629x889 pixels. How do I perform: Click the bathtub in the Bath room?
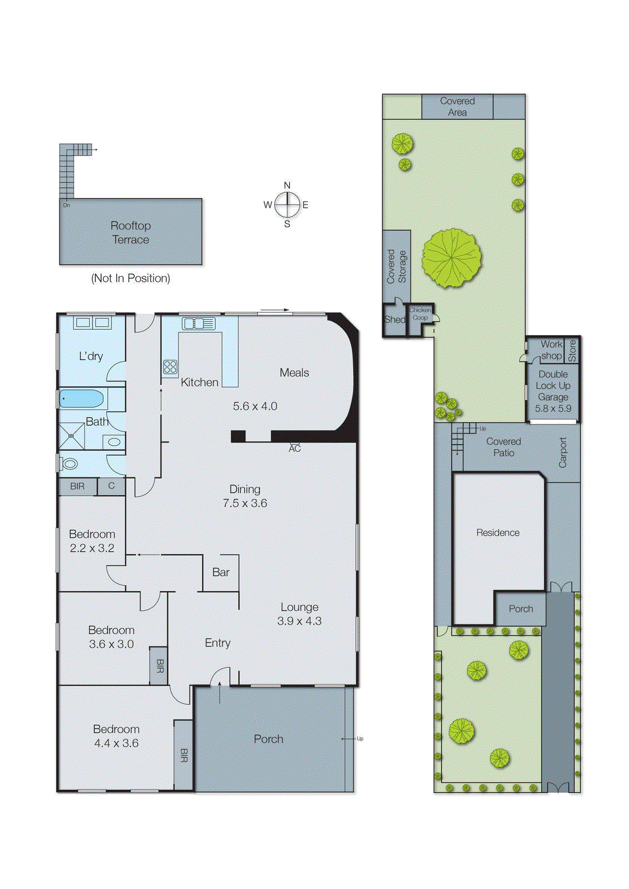click(82, 399)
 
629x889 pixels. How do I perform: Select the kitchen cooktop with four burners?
click(170, 367)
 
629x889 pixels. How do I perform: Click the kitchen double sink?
click(198, 323)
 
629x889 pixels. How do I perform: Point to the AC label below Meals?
click(295, 448)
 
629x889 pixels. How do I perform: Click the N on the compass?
click(287, 186)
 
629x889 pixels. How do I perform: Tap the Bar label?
click(221, 572)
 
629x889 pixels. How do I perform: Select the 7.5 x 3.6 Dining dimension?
click(245, 503)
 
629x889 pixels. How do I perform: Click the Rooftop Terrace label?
click(130, 233)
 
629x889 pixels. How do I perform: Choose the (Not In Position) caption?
click(130, 278)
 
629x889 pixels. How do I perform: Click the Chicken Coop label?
click(420, 314)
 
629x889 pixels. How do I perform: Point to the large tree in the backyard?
click(451, 258)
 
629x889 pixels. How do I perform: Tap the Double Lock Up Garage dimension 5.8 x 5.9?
click(553, 408)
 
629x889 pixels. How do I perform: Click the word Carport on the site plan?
click(563, 452)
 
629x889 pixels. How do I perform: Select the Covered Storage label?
click(396, 267)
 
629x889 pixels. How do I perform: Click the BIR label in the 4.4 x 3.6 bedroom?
click(184, 755)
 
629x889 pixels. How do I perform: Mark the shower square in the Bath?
click(72, 436)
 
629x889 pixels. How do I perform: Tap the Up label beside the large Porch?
click(360, 738)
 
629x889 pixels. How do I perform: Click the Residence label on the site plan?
click(498, 533)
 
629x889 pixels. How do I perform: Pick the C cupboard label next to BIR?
click(111, 486)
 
